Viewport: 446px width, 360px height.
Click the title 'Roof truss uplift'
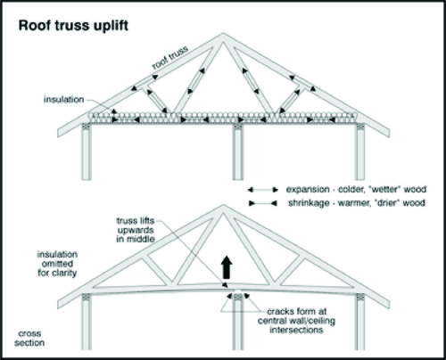73,26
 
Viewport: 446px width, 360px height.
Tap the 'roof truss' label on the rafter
170,58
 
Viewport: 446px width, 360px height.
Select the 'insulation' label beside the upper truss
63,99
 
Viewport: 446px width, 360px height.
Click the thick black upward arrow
227,267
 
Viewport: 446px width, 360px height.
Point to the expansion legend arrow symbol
263,190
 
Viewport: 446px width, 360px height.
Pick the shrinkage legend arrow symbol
263,203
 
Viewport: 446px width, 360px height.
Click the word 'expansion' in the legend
308,190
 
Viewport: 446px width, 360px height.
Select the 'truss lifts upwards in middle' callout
136,230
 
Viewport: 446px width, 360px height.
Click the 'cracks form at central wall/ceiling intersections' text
296,321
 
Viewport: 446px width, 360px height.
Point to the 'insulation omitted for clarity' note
57,264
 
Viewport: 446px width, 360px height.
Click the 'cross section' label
29,338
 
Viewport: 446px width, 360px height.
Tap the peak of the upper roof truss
223,33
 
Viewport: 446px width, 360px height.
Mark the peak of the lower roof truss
223,205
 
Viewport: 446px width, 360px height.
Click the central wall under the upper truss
237,151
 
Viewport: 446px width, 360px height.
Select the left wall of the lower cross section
87,322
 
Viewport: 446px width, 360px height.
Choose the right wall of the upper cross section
360,151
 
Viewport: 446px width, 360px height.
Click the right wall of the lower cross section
360,322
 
